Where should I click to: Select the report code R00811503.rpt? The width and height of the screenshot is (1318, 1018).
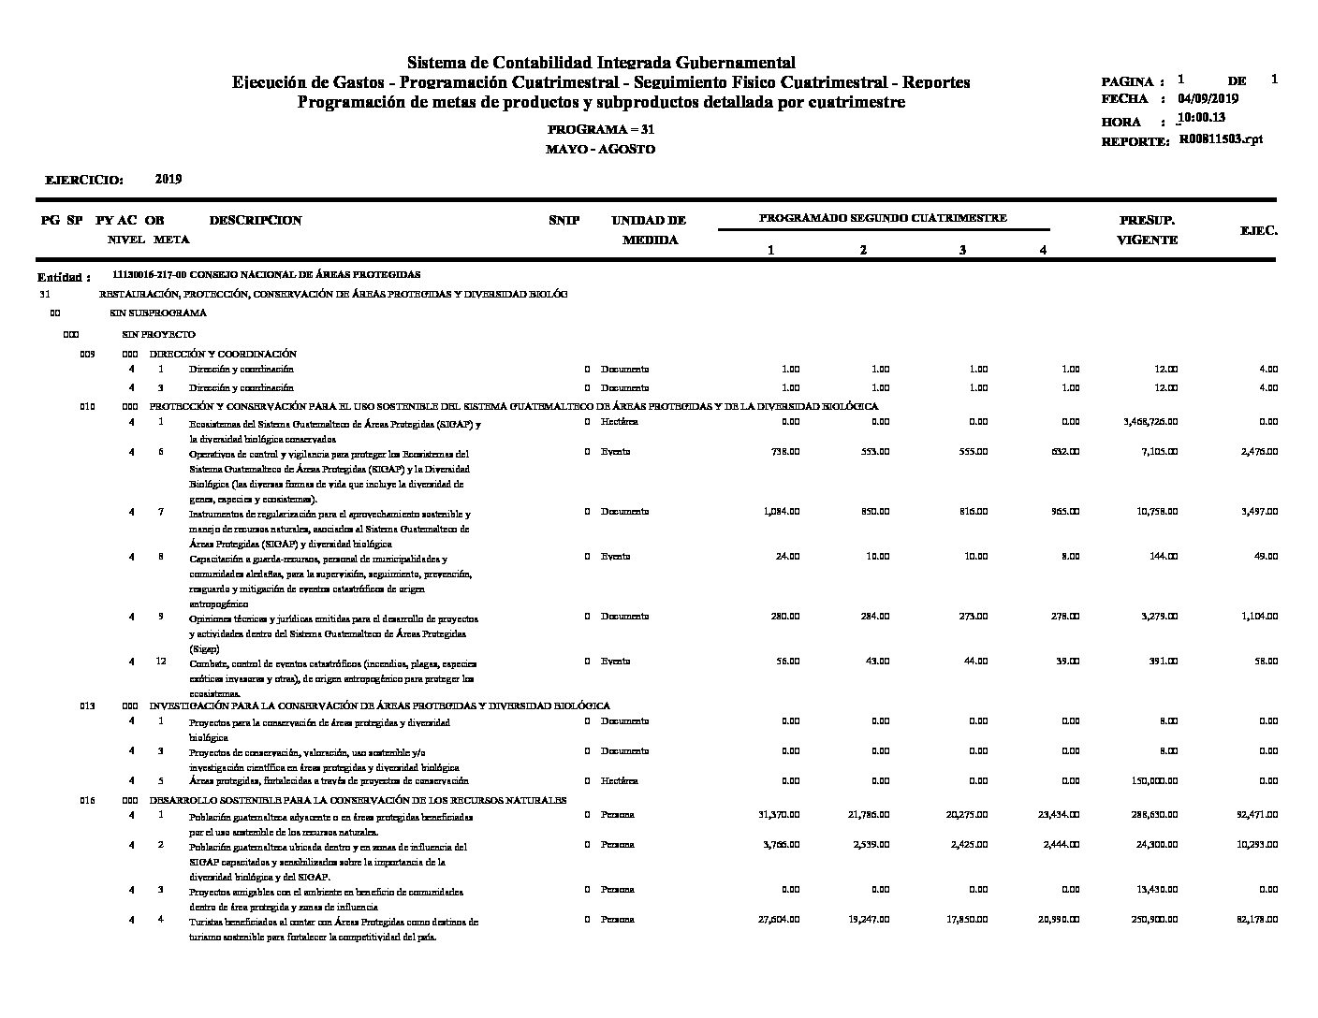tap(1220, 138)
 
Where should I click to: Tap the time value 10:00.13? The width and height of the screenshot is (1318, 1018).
tap(1203, 118)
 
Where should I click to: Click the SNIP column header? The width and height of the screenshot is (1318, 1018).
tap(564, 221)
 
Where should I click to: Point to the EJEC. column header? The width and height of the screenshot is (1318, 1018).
tap(1258, 230)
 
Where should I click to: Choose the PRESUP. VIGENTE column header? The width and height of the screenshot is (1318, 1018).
tap(1147, 230)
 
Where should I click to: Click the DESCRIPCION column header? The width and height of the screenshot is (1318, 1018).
tap(256, 221)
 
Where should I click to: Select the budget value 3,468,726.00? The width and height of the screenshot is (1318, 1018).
tap(1150, 422)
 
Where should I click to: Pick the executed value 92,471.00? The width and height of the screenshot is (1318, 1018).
tap(1257, 815)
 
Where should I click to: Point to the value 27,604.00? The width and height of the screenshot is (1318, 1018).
tap(778, 920)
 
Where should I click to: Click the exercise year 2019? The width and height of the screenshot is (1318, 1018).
tap(168, 179)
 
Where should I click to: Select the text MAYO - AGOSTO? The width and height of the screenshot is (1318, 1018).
tap(600, 150)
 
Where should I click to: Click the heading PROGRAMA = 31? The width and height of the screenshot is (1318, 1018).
tap(600, 130)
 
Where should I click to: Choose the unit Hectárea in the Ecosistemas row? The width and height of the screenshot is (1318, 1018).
tap(619, 422)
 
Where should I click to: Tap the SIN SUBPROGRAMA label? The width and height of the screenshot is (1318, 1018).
tap(158, 313)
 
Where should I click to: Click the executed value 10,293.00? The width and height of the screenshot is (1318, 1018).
tap(1257, 845)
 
